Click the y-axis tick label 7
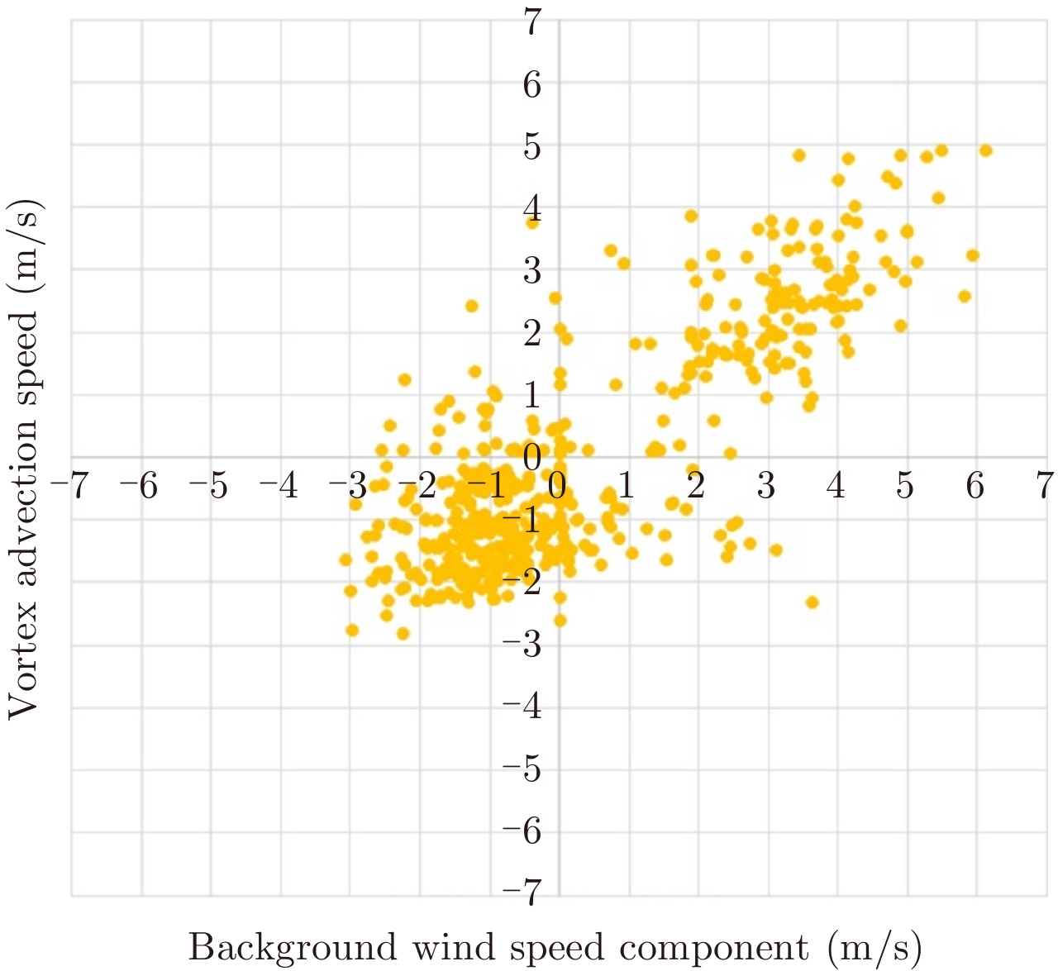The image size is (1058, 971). point(533,22)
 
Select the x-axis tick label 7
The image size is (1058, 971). point(1046,486)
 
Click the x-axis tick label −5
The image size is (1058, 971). point(209,486)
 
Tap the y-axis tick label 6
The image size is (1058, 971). point(533,84)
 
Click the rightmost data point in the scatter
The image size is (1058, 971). point(984,150)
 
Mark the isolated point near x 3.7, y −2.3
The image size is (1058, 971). point(812,602)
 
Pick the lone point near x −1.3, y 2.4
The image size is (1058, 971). point(472,306)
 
